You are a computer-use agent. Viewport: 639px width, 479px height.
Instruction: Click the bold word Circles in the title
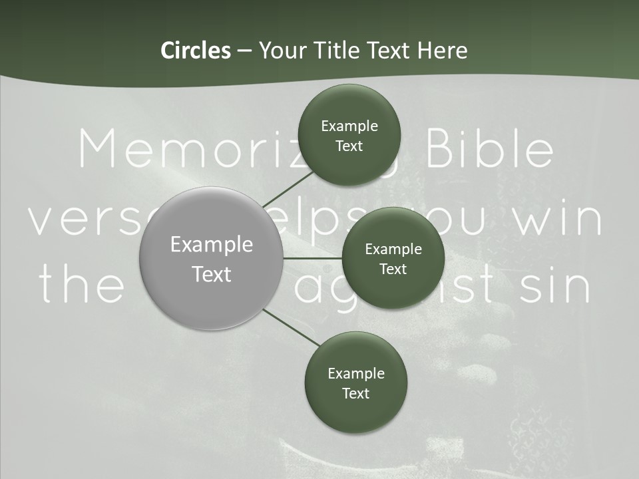click(x=196, y=51)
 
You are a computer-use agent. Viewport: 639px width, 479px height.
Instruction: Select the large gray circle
click(x=212, y=259)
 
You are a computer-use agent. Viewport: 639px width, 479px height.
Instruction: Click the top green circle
click(x=348, y=135)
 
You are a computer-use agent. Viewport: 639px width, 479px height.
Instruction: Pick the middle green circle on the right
click(x=393, y=258)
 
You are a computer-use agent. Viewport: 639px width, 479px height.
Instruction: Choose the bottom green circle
click(x=355, y=383)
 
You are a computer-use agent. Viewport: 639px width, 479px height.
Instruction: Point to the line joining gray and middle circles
click(x=312, y=258)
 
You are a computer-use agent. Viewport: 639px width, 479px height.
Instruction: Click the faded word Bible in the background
click(x=489, y=150)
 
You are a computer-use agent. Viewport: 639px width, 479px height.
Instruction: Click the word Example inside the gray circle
click(x=212, y=244)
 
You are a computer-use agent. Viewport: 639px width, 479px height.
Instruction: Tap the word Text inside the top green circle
click(x=349, y=146)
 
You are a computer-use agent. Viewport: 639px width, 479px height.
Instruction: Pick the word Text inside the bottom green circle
click(x=355, y=393)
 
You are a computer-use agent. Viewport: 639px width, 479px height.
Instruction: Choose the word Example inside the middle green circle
click(x=393, y=249)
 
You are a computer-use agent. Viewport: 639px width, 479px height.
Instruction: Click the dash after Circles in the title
click(x=244, y=51)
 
